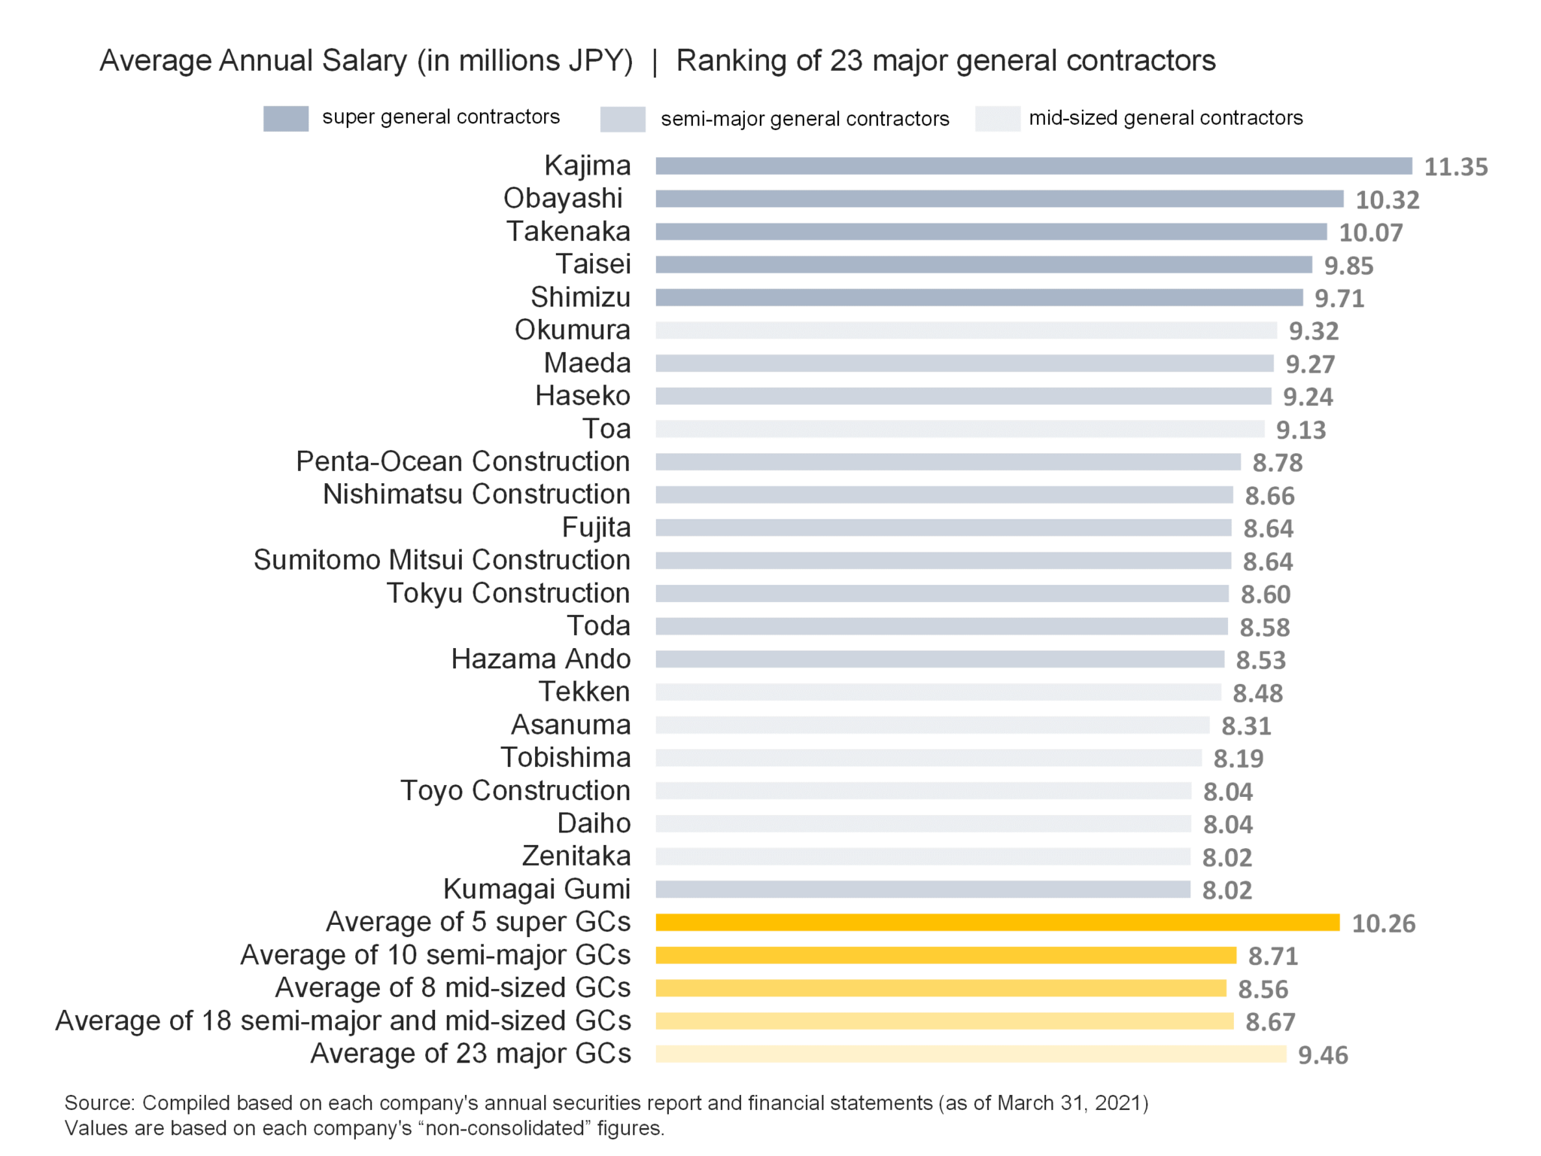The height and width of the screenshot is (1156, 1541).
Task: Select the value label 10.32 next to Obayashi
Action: [1387, 200]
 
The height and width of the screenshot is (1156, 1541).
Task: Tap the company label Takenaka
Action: [568, 231]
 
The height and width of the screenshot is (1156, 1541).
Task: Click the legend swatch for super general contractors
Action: [285, 119]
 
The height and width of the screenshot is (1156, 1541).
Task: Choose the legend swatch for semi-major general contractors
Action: [622, 120]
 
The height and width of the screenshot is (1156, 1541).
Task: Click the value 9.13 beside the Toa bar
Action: [1300, 430]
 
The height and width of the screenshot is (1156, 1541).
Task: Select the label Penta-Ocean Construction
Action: [463, 461]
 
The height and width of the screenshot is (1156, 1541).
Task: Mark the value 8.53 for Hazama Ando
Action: [1260, 661]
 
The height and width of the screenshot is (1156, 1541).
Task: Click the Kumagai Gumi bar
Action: [922, 890]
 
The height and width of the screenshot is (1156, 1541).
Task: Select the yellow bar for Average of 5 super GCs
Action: [997, 923]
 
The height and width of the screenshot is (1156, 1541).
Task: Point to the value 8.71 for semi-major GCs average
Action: [1272, 957]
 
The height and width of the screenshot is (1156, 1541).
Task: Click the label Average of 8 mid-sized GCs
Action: [453, 987]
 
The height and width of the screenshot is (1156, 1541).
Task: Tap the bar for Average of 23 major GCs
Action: [971, 1054]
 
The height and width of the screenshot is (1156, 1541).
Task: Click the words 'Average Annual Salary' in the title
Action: [253, 61]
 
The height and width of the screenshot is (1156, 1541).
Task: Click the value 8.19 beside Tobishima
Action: [1238, 759]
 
